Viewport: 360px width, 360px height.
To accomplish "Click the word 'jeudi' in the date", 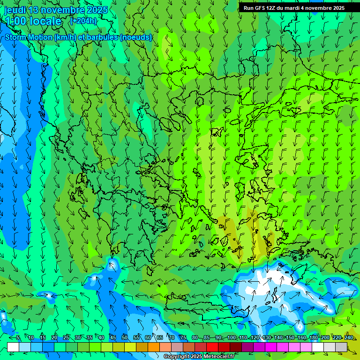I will pyautogui.click(x=15, y=10).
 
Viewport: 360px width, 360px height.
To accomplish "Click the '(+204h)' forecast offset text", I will pyautogui.click(x=83, y=21).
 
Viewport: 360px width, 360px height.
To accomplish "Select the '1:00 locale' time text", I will pyautogui.click(x=33, y=21).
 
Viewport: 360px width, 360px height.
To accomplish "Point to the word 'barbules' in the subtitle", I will pyautogui.click(x=103, y=37).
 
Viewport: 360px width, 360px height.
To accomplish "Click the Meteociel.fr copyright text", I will pyautogui.click(x=199, y=357).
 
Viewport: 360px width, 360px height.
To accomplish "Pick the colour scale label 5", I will pyautogui.click(x=18, y=337).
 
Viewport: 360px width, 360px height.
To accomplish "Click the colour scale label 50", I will pyautogui.click(x=125, y=337).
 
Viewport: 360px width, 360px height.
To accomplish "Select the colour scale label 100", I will pyautogui.click(x=231, y=337).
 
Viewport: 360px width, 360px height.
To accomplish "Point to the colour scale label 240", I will pyautogui.click(x=349, y=337).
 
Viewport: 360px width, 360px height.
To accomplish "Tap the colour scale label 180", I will pyautogui.click(x=314, y=337).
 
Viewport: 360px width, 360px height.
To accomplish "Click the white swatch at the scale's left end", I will pyautogui.click(x=13, y=347).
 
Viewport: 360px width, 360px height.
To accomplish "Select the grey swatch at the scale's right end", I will pyautogui.click(x=341, y=347).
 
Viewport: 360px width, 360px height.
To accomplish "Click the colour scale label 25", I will pyautogui.click(x=66, y=337).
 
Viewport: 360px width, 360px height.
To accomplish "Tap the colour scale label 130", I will pyautogui.click(x=267, y=337).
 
